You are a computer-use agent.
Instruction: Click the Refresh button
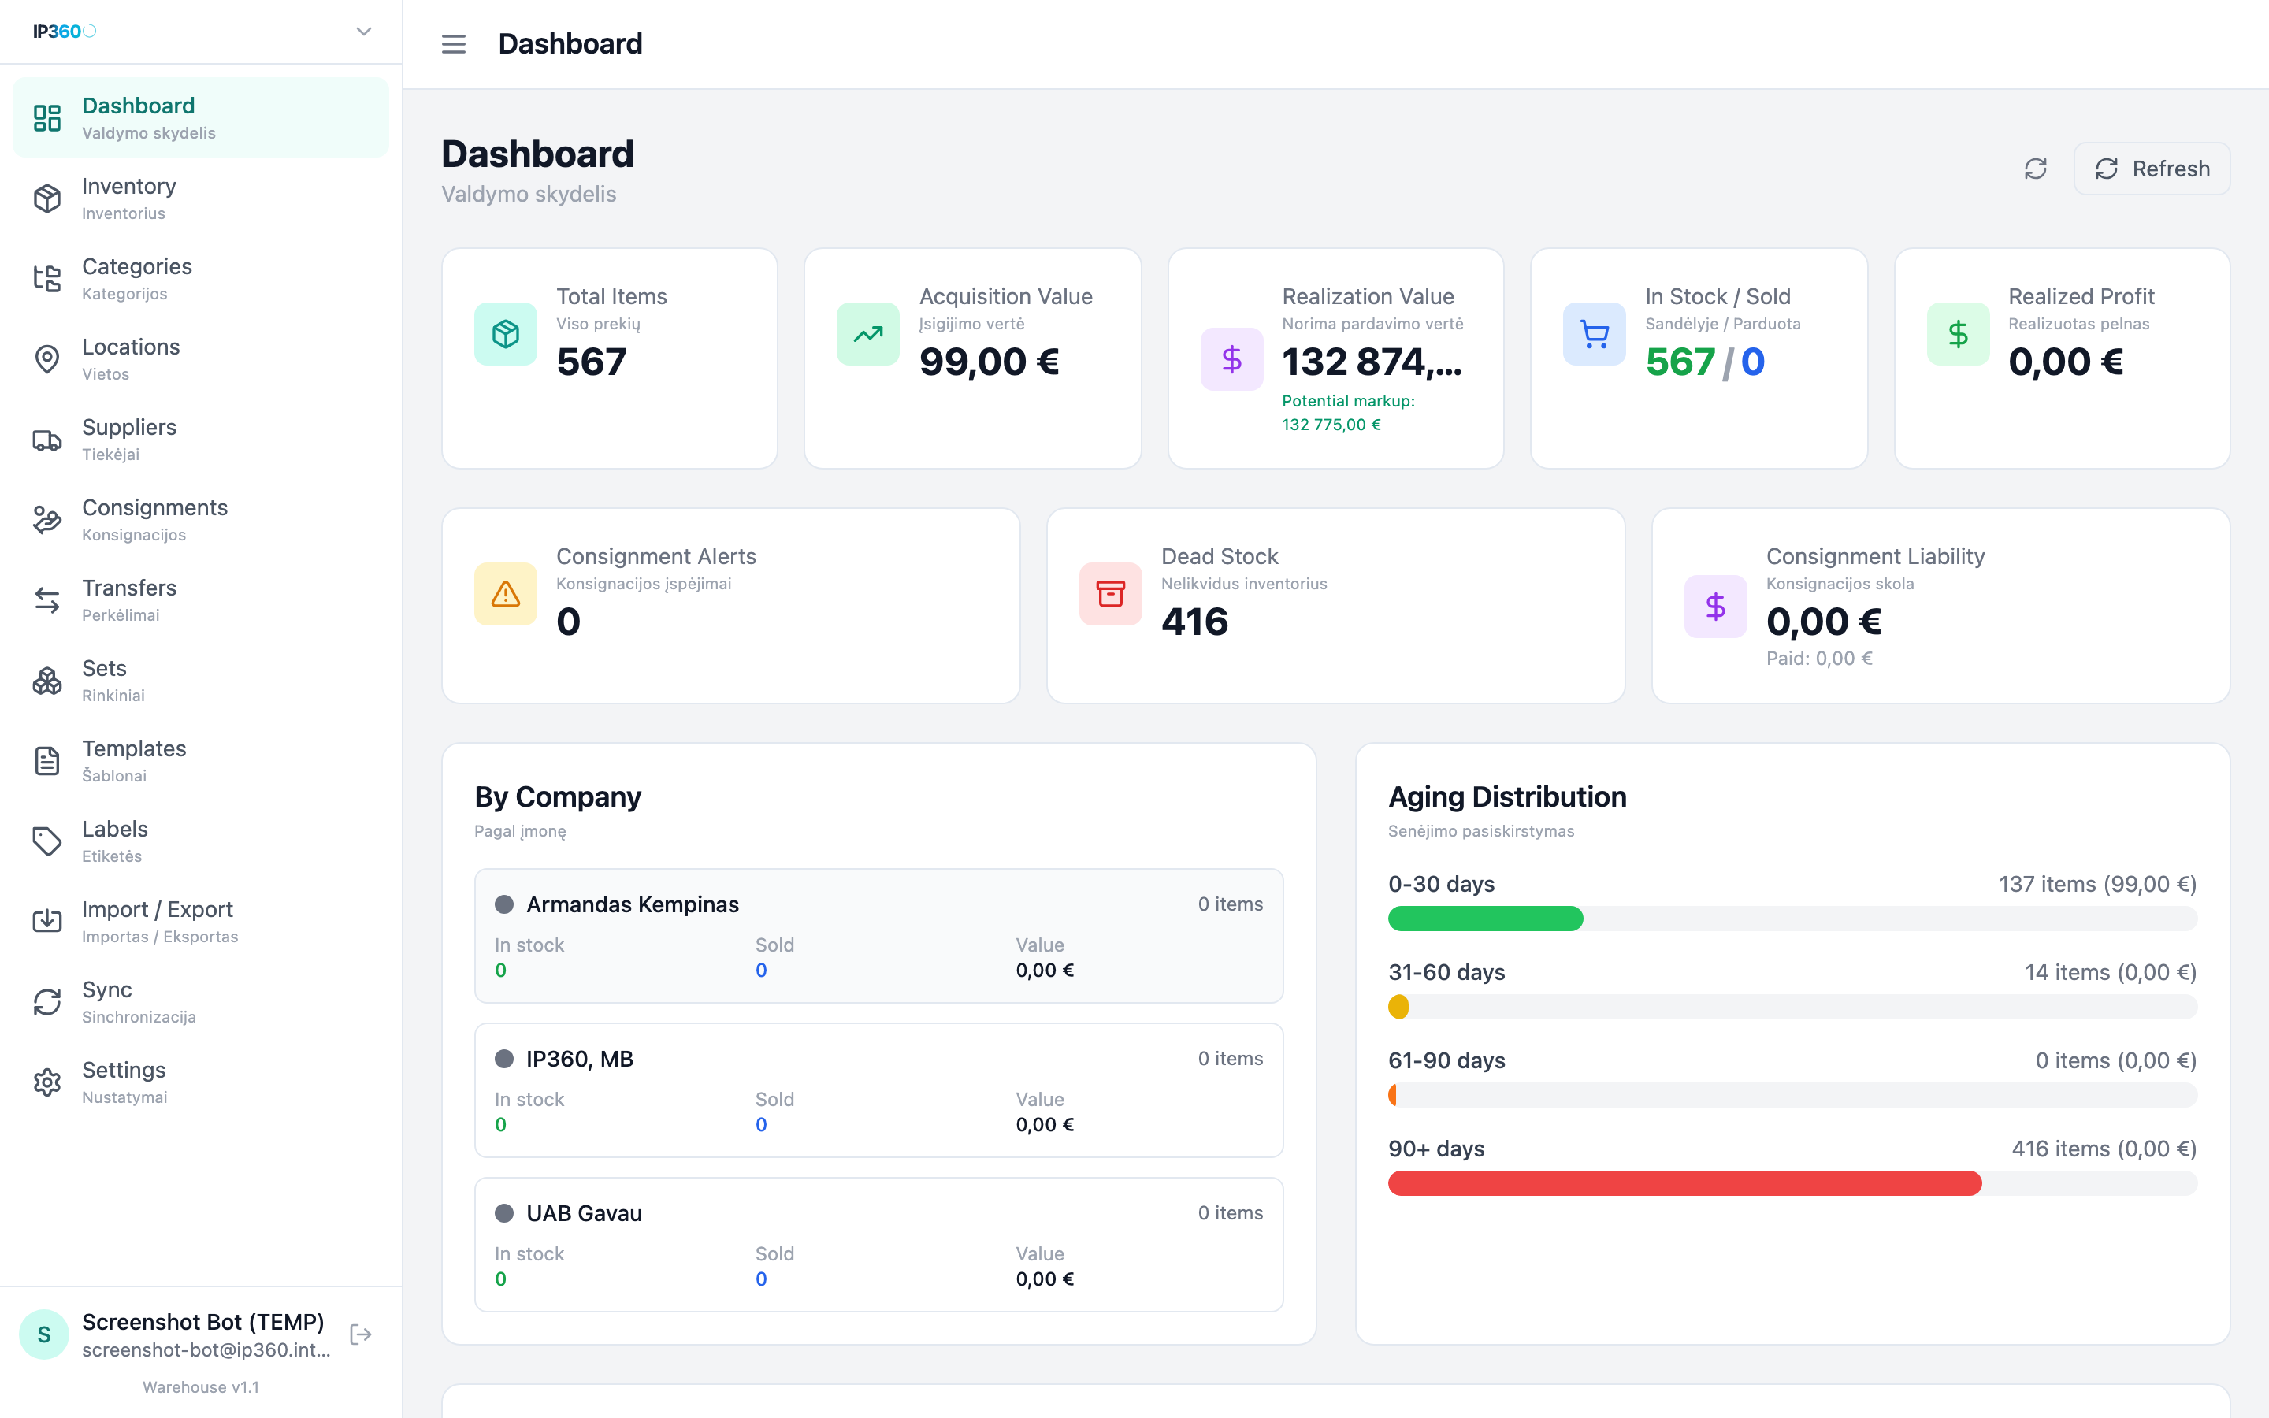click(2151, 169)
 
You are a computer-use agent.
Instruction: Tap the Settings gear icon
click(47, 1082)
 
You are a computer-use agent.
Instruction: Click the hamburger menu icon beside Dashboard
click(454, 44)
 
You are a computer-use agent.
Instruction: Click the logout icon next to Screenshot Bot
click(361, 1334)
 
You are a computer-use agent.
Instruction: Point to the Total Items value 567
click(592, 362)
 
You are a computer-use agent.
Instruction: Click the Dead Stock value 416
click(1194, 622)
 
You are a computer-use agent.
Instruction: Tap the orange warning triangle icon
click(505, 594)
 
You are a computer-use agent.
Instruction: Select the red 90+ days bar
click(1685, 1183)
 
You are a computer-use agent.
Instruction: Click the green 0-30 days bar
click(1486, 919)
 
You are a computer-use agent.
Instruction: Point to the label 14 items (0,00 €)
click(2111, 973)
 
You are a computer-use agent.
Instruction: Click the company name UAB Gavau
click(584, 1213)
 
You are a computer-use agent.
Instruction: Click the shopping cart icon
click(1594, 334)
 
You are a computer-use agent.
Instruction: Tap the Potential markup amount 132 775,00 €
click(1331, 425)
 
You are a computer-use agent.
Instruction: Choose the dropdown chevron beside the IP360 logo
click(364, 32)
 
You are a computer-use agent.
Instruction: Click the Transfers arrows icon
click(47, 600)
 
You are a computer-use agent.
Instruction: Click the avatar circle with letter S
click(44, 1334)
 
